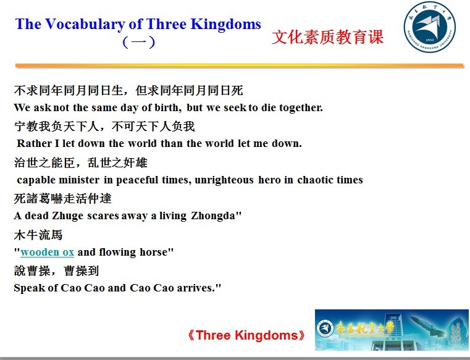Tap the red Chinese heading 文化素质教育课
click(327, 37)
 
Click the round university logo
click(429, 27)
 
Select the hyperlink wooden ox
click(48, 252)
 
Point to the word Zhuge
click(68, 216)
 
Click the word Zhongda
click(213, 216)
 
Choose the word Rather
click(34, 143)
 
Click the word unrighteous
click(224, 180)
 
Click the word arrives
click(196, 288)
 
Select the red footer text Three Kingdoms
click(246, 335)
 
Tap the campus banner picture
click(392, 330)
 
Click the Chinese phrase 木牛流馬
click(38, 235)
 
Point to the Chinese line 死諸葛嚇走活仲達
click(62, 198)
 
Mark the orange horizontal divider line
click(240, 65)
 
